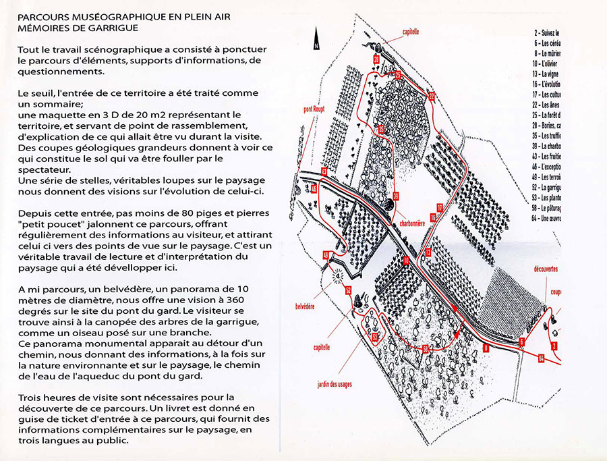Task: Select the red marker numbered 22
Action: click(x=432, y=96)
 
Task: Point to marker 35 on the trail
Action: click(x=380, y=129)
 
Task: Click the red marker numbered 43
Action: click(x=324, y=171)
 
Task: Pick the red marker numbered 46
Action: click(x=314, y=189)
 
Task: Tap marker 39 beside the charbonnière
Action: click(x=396, y=196)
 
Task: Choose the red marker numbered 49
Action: click(x=326, y=255)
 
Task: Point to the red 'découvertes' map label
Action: click(x=546, y=267)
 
